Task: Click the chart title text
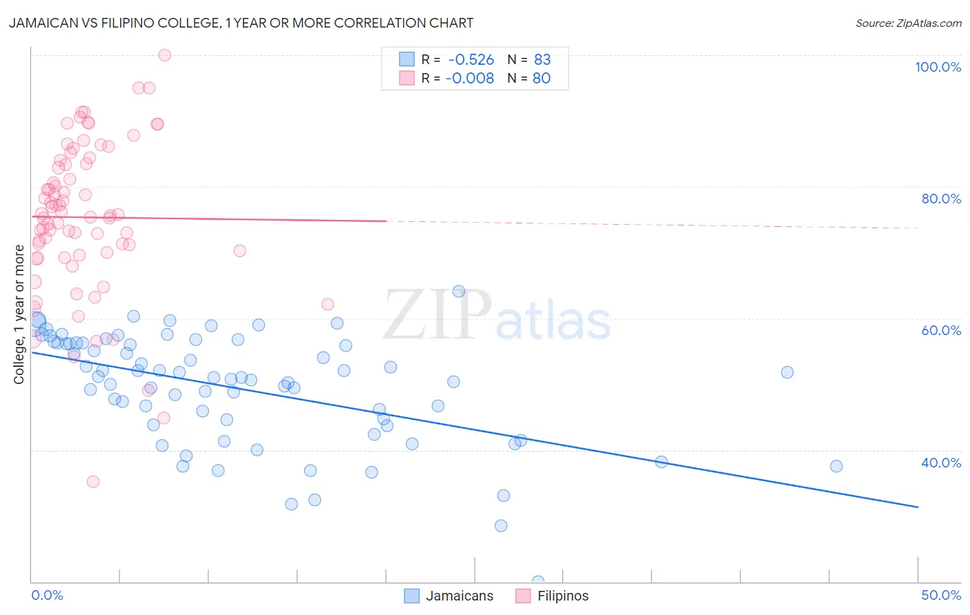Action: pos(241,23)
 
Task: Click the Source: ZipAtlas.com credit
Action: pos(908,23)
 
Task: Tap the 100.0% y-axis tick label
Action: pos(938,67)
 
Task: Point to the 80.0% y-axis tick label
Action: pos(941,199)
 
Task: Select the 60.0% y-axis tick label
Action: pos(941,330)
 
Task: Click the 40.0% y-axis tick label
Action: pos(941,463)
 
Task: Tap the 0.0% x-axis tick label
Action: pos(47,595)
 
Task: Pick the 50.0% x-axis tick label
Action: pos(941,595)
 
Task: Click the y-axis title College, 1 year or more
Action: pos(19,314)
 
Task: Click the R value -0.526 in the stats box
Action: pos(471,60)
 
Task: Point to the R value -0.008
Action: pos(470,79)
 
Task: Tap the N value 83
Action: pos(542,60)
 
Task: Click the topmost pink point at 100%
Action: pos(164,55)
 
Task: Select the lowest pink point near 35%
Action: pos(93,481)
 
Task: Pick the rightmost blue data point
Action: pos(836,466)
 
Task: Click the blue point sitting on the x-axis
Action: pos(538,581)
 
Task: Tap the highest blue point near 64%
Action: pos(459,291)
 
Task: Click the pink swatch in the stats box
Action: pos(407,79)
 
